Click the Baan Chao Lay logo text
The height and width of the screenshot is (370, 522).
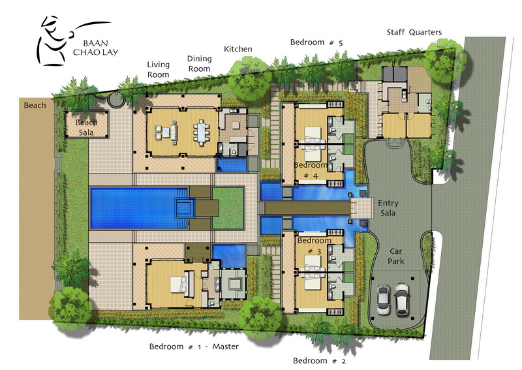click(95, 48)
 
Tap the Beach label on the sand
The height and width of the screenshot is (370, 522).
click(35, 106)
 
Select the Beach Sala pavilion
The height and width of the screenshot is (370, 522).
click(87, 124)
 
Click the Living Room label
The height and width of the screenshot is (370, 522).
click(159, 70)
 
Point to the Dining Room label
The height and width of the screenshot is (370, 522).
click(199, 63)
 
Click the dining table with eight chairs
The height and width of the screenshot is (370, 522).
click(202, 132)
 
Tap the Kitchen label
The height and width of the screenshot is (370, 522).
click(238, 49)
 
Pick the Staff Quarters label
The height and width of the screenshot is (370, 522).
click(414, 33)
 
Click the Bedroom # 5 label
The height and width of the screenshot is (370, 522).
click(316, 42)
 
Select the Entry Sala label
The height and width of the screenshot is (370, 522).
click(388, 208)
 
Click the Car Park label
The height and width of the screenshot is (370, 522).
click(396, 256)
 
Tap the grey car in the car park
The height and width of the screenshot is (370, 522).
click(384, 300)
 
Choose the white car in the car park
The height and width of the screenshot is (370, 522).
click(402, 299)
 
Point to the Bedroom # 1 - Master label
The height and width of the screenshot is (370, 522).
click(194, 347)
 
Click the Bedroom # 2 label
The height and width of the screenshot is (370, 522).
click(320, 361)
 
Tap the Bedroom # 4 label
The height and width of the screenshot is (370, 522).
click(311, 170)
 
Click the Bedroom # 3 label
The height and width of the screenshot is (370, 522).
click(315, 246)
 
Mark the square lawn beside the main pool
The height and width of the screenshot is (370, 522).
click(228, 208)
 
